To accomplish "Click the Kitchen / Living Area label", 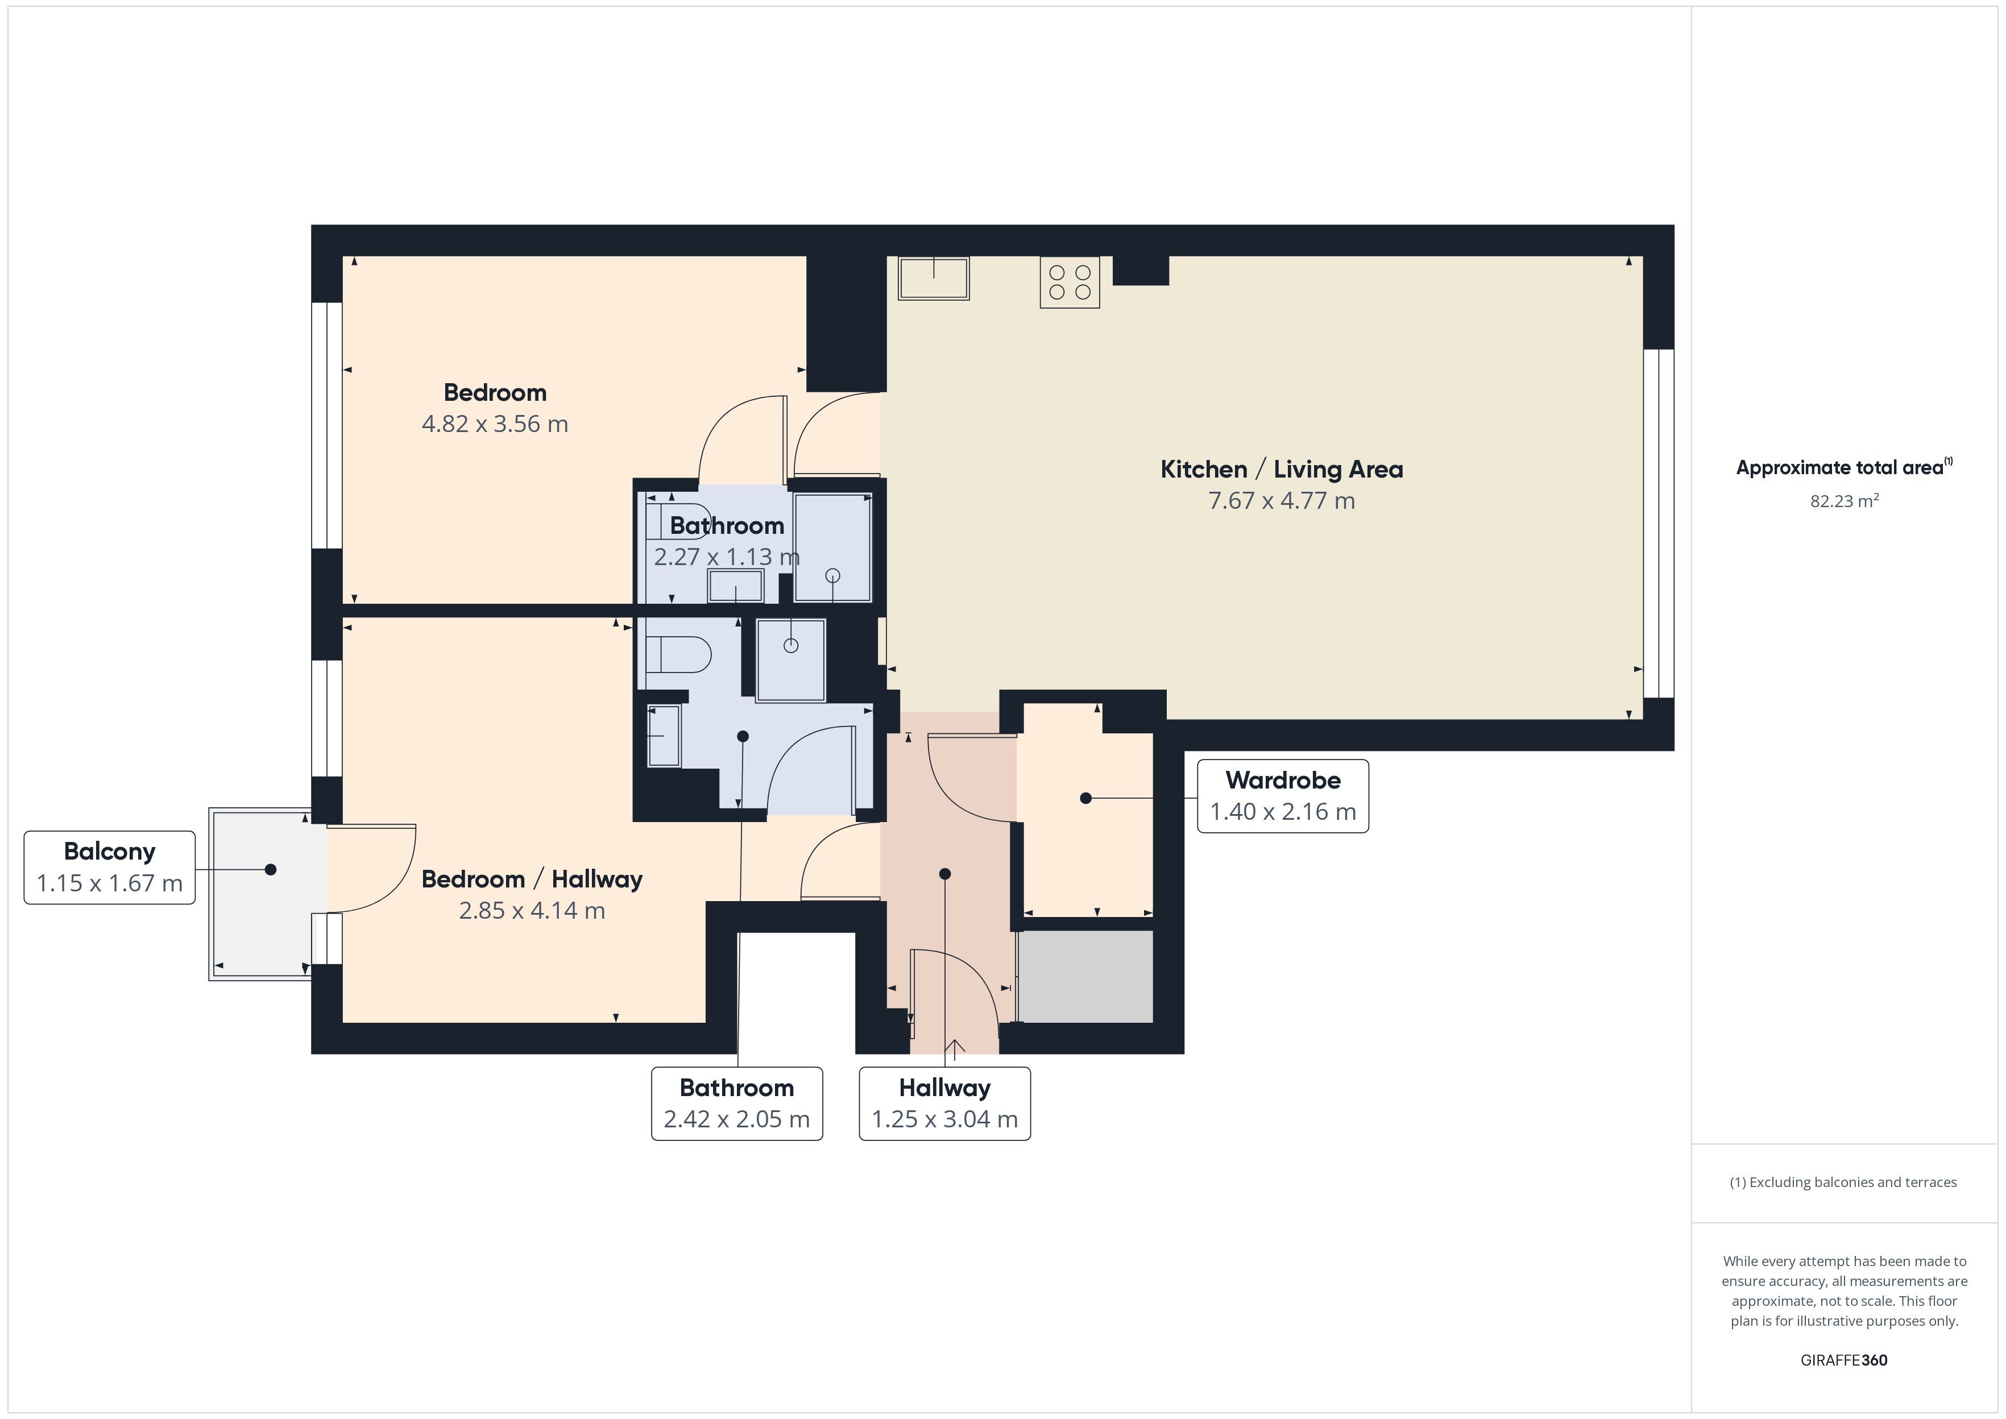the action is point(1281,469).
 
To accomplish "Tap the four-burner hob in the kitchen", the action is point(1070,282).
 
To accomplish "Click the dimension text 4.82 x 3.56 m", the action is point(495,424).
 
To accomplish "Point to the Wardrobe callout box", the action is point(1283,796).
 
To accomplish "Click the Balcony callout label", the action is point(109,868).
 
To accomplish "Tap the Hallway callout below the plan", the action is point(944,1103).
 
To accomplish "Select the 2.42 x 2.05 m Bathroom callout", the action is point(736,1103).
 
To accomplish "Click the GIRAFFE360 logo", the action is point(1843,1359).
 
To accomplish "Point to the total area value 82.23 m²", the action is point(1843,501).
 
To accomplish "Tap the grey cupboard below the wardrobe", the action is point(1085,976).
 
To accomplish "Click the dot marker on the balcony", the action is point(270,869).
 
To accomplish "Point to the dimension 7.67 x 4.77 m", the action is point(1281,501).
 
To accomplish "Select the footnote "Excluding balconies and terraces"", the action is point(1843,1182).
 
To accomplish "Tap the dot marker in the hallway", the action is point(944,874).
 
